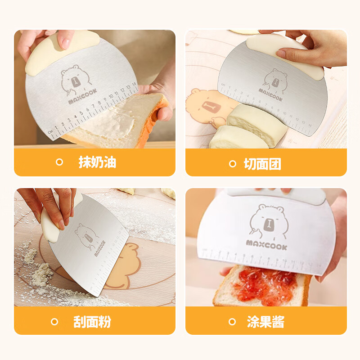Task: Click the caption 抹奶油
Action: pyautogui.click(x=97, y=162)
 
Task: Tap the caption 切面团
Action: pyautogui.click(x=262, y=164)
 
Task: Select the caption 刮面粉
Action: pyautogui.click(x=92, y=322)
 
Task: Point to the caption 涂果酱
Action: pyautogui.click(x=265, y=322)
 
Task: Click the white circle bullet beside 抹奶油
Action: pyautogui.click(x=59, y=162)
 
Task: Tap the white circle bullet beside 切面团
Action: pyautogui.click(x=232, y=164)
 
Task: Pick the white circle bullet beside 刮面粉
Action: pyautogui.click(x=55, y=322)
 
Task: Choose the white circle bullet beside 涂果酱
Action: pyautogui.click(x=232, y=322)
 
